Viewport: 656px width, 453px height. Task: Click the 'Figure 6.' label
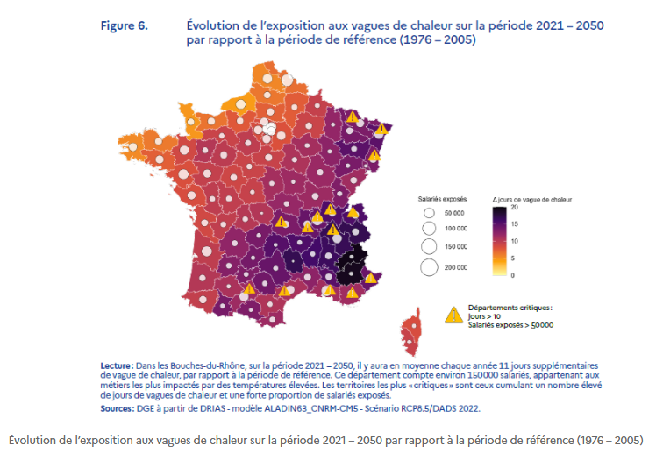click(x=123, y=25)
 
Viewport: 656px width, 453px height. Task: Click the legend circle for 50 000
click(x=429, y=213)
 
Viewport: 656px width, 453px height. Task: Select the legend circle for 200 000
click(x=429, y=267)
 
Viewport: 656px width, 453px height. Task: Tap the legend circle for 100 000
click(x=429, y=230)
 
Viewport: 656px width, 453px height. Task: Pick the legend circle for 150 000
click(x=429, y=248)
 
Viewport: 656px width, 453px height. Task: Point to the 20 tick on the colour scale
click(x=515, y=208)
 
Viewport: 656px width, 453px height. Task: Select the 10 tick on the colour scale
click(x=515, y=241)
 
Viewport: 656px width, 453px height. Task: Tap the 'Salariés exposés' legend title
click(x=442, y=199)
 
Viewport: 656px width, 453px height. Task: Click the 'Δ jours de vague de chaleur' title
click(x=531, y=199)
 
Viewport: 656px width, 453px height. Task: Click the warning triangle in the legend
click(x=454, y=315)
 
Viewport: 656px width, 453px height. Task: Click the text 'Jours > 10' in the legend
click(x=487, y=316)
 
